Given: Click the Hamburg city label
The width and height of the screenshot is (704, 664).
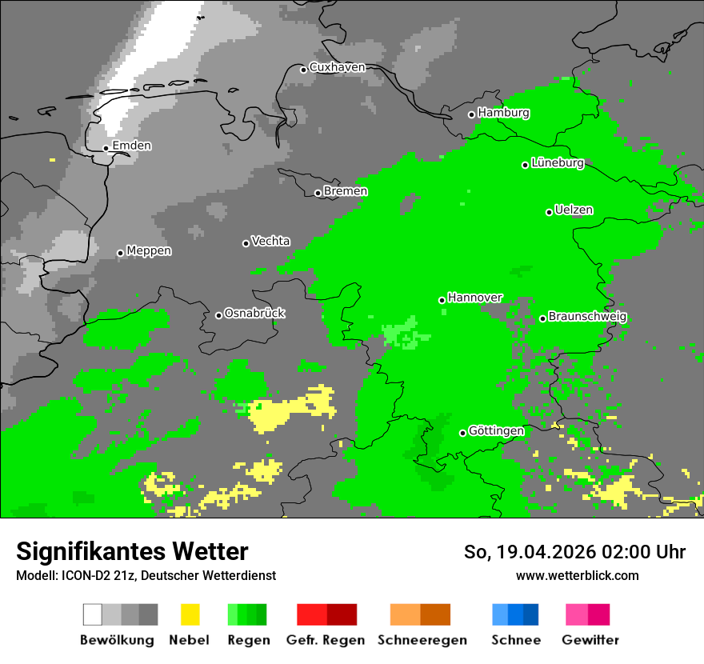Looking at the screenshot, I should point(503,113).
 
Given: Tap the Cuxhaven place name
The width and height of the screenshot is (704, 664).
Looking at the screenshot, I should point(337,67).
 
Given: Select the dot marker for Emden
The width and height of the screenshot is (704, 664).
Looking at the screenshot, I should point(106,148).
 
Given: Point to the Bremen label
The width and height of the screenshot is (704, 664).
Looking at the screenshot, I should point(346,191).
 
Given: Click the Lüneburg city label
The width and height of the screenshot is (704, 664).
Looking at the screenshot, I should point(557,163).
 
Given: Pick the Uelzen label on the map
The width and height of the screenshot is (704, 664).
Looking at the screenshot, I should point(574,210).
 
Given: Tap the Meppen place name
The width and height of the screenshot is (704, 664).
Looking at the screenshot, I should point(149,251).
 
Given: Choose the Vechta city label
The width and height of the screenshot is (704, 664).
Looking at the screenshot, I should point(270,241).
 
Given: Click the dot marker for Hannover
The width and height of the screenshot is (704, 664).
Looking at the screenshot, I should point(442,301).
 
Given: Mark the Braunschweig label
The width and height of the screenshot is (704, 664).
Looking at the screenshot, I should point(587,317).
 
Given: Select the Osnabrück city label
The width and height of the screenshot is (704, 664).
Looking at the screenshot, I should point(254,314).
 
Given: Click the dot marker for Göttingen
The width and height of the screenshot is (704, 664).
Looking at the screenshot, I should point(462,434).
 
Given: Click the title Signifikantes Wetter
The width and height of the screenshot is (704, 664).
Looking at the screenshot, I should point(132,551).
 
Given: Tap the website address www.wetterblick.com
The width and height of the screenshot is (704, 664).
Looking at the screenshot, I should point(577,575).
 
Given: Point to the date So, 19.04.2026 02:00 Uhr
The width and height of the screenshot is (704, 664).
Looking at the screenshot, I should point(574,552).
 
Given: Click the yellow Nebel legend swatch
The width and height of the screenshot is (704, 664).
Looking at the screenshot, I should point(190,614).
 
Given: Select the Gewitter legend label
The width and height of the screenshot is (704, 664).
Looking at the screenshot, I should point(590,640).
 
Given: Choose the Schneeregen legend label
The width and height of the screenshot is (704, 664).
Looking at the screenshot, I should point(422,640).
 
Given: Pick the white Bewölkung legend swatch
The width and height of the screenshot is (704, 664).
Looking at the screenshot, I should point(93,614).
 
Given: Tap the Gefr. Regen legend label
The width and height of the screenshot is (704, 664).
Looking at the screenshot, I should point(325,640).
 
